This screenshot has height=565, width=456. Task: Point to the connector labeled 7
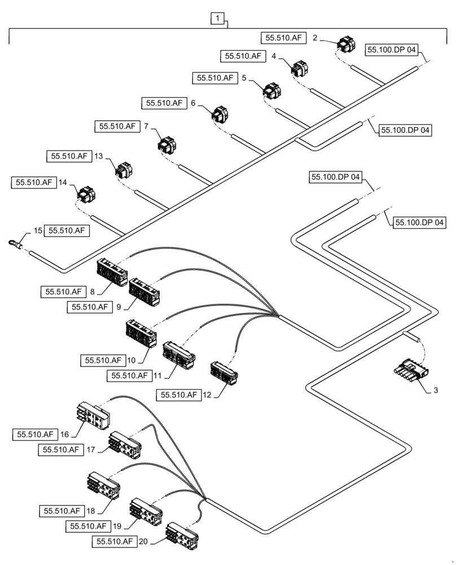167,145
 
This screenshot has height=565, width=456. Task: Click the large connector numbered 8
112,272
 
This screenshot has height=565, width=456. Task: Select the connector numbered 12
223,372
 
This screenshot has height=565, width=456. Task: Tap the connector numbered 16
93,416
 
